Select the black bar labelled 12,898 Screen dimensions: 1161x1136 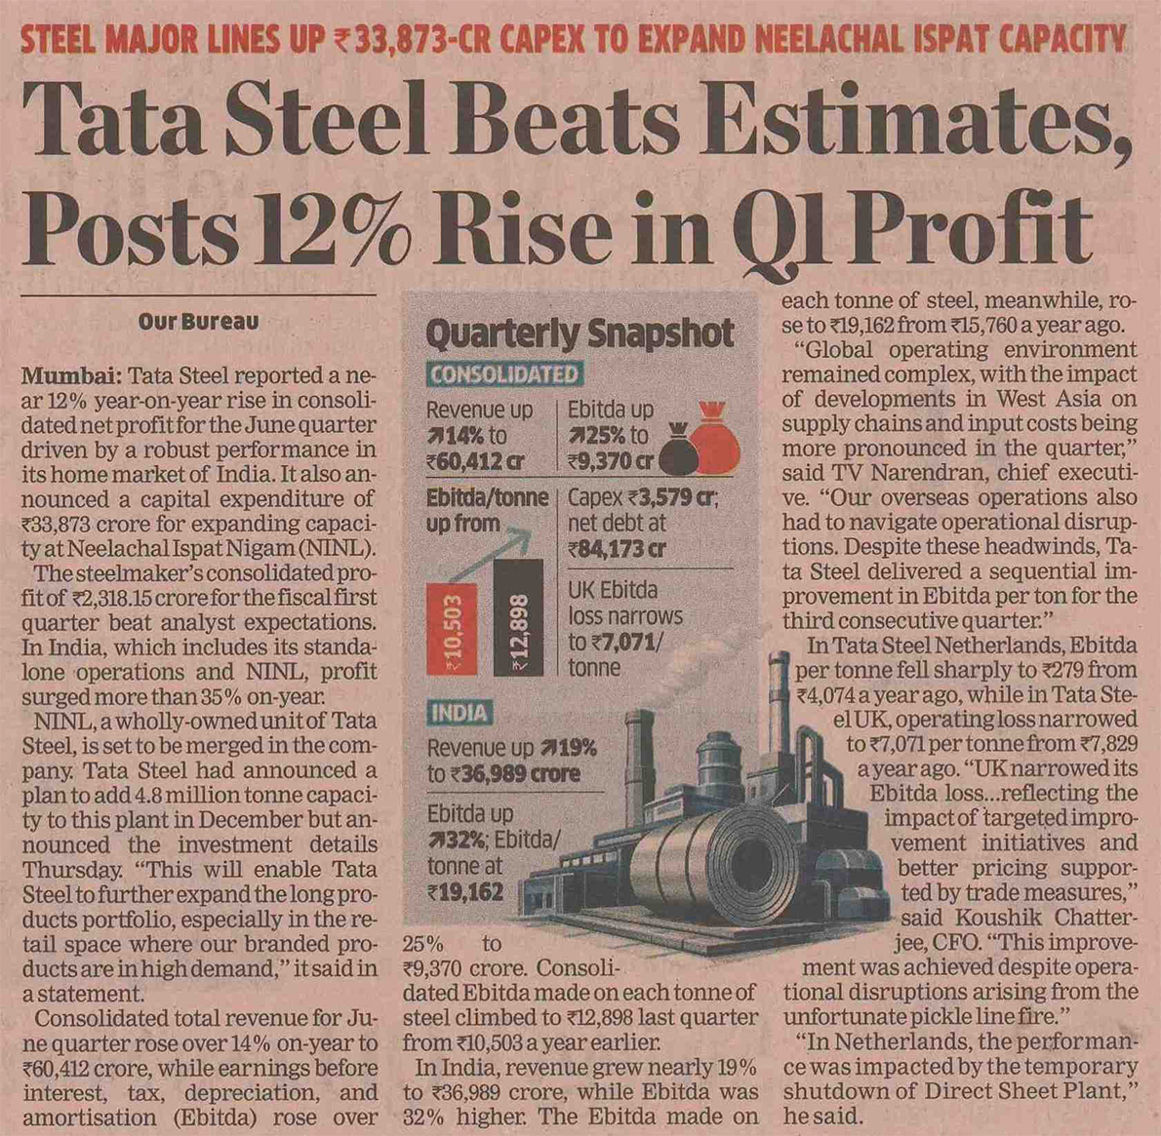click(x=518, y=617)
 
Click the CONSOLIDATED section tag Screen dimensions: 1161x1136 click(x=505, y=374)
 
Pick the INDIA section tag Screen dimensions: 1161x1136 click(x=460, y=713)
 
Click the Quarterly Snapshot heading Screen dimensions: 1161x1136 click(x=580, y=333)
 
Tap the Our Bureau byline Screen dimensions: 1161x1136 click(x=198, y=321)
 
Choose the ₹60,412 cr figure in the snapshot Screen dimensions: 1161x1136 click(x=475, y=462)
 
